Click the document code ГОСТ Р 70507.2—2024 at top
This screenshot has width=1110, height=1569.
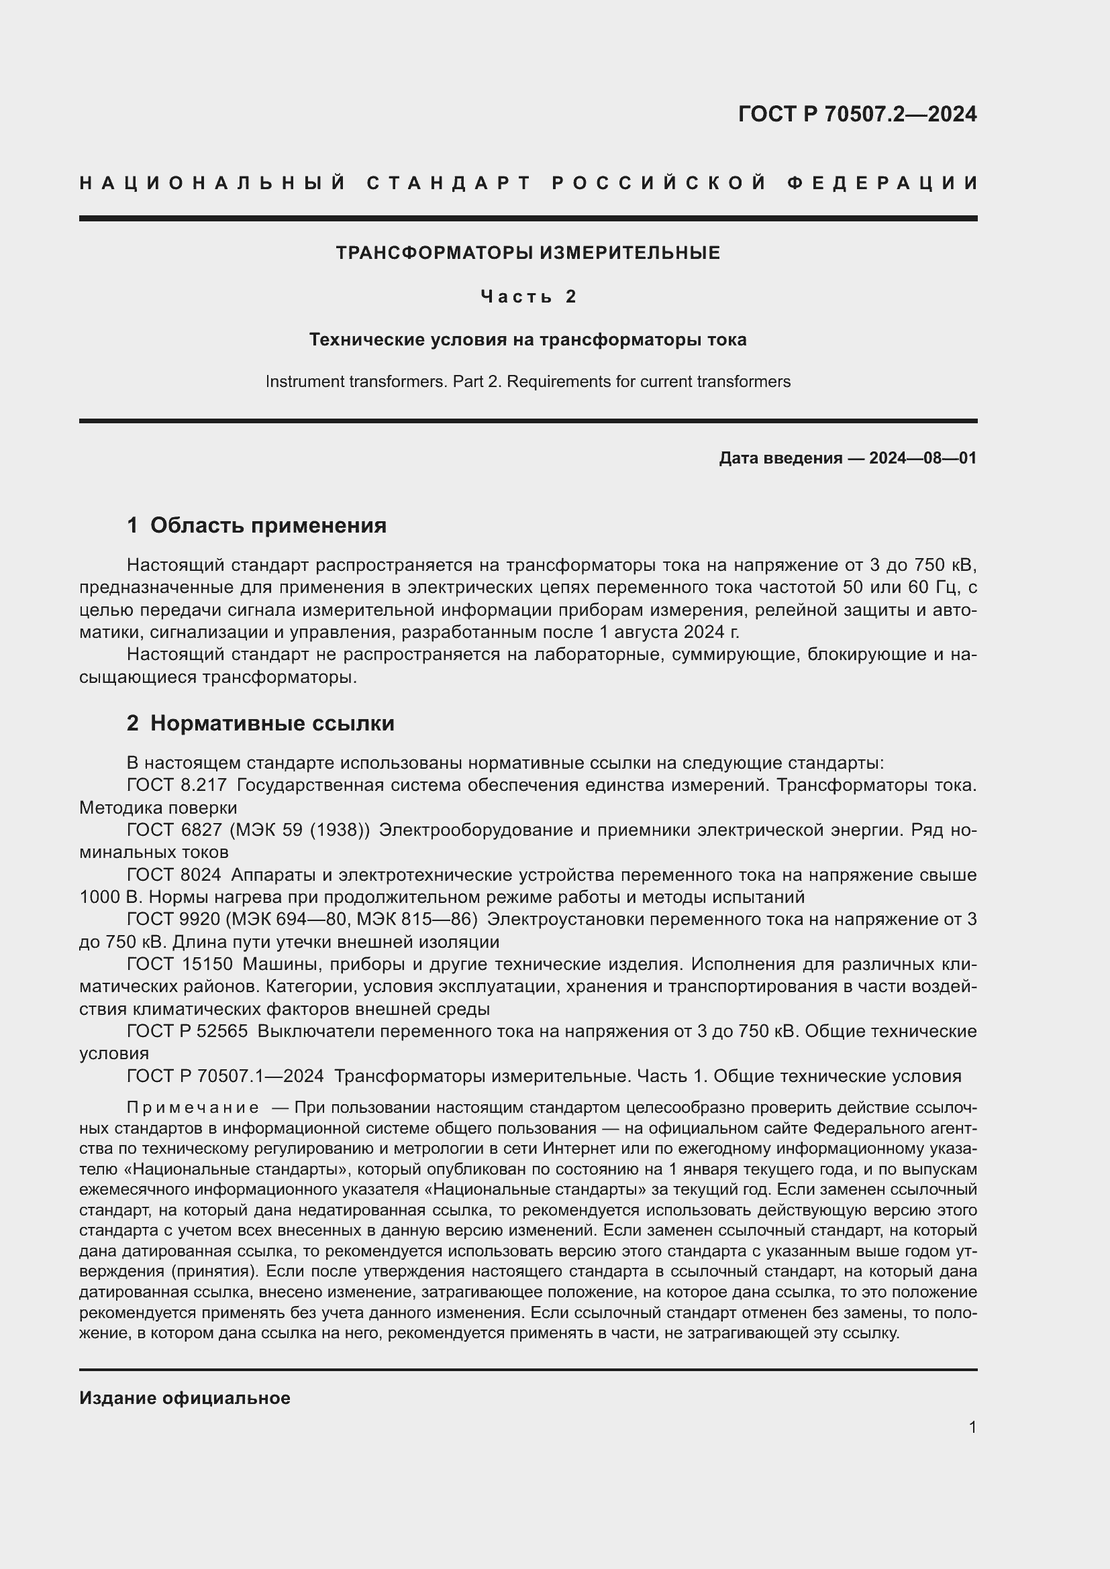[x=857, y=114]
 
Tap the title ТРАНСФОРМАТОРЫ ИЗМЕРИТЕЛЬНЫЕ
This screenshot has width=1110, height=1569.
[x=527, y=254]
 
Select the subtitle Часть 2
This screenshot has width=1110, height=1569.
[x=528, y=296]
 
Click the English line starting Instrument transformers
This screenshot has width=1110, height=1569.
[x=527, y=381]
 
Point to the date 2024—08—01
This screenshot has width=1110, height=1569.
[x=923, y=458]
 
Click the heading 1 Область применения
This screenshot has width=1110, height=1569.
[x=256, y=525]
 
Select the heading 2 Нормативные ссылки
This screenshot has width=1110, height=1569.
[x=260, y=723]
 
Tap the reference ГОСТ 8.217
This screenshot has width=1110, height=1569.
[x=176, y=786]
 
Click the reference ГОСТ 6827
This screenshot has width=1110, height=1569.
[x=174, y=830]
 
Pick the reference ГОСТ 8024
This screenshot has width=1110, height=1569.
[x=174, y=875]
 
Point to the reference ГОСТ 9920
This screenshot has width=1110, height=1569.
[x=174, y=920]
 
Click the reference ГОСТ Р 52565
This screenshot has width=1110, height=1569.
[x=187, y=1031]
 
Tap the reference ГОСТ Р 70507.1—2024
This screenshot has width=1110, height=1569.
[x=225, y=1076]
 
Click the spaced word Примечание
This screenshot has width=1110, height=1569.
[x=193, y=1107]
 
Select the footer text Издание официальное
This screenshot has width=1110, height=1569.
[x=185, y=1398]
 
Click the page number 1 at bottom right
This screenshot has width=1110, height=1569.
[x=972, y=1427]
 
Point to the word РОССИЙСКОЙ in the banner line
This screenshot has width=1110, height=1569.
[x=659, y=183]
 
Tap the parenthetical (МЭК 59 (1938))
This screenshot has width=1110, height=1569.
[x=299, y=830]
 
